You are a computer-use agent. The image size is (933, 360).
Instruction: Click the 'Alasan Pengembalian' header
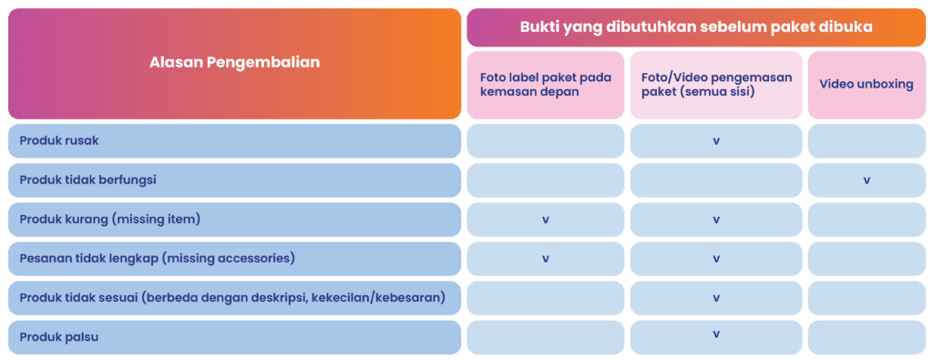234,63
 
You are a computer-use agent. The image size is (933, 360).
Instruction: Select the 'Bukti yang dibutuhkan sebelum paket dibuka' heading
696,27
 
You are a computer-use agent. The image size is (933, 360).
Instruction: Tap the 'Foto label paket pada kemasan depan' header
545,84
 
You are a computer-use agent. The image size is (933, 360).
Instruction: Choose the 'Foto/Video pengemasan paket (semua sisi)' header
715,84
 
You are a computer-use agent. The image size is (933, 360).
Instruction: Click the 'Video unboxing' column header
866,84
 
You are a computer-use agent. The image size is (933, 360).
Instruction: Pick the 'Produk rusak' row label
59,141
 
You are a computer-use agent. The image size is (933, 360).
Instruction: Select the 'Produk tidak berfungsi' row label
87,180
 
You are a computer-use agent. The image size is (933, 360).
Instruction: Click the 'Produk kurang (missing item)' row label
109,220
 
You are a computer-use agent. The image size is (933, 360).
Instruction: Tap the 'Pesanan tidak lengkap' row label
157,259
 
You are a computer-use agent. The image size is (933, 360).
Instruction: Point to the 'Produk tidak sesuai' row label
231,298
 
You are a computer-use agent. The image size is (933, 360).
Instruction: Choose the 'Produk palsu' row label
58,337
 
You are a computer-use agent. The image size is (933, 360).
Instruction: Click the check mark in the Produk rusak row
716,141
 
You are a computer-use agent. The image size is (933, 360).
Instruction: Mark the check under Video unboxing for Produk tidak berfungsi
866,180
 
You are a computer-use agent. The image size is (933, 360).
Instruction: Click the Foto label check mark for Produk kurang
546,220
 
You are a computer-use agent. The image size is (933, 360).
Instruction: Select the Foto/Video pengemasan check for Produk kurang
716,220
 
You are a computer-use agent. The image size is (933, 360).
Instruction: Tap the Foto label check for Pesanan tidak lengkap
546,259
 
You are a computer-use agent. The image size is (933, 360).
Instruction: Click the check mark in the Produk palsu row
716,334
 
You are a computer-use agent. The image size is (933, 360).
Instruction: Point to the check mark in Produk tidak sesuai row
716,298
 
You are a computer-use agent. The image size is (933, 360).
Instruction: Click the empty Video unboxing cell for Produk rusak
866,141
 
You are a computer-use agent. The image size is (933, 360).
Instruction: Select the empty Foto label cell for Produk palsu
546,337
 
